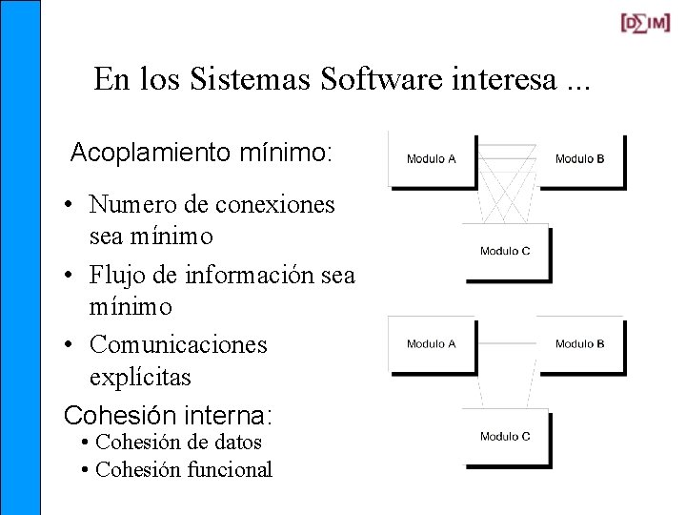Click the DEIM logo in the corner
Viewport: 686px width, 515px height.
point(645,24)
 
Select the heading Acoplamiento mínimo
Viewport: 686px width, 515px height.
point(201,152)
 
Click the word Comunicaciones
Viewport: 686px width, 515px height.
point(178,344)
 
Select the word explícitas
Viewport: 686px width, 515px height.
point(140,378)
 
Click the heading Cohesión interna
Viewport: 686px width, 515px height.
point(168,416)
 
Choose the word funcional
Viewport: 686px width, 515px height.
point(228,469)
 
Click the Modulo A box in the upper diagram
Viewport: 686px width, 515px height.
point(432,159)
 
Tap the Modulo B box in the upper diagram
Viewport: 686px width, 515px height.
point(579,159)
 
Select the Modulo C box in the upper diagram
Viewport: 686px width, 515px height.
point(505,252)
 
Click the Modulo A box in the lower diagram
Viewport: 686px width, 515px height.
point(432,344)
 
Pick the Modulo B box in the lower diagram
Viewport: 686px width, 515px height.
point(579,344)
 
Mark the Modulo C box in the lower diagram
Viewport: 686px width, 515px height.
point(505,437)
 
